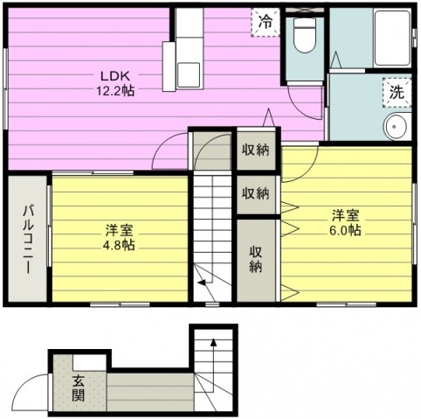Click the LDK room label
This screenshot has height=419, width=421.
[115, 76]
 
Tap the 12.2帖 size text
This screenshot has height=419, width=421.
[115, 91]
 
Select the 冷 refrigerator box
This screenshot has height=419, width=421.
[266, 23]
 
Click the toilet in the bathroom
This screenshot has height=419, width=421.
[305, 35]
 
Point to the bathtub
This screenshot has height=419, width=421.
[392, 38]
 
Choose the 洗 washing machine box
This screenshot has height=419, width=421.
[397, 93]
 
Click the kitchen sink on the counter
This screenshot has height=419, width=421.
[189, 74]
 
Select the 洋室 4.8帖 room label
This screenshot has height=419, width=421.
[119, 238]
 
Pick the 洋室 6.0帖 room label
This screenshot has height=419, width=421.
[345, 223]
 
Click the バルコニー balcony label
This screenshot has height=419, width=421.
[28, 239]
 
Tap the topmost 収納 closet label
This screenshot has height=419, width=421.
[256, 150]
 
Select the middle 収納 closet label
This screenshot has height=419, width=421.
[256, 193]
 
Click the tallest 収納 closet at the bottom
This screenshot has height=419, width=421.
[256, 260]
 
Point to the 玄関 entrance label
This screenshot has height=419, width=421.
[79, 388]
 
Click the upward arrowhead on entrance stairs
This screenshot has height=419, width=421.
[213, 342]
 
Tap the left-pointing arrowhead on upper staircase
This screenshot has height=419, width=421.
[201, 283]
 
